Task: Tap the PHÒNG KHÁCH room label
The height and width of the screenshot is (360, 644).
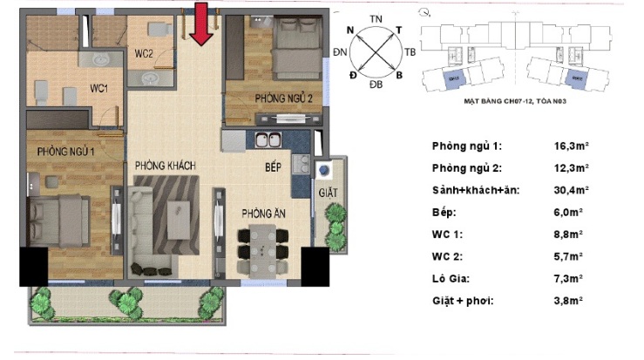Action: (165, 166)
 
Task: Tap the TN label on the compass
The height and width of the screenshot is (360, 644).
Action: (377, 18)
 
